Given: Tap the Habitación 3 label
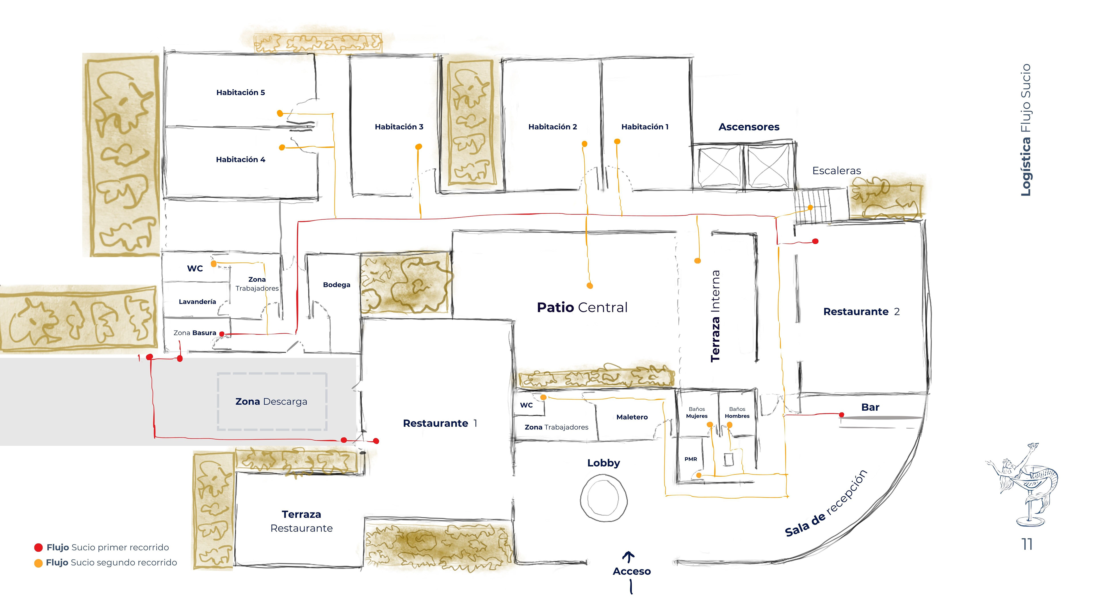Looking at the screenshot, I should coord(399,127).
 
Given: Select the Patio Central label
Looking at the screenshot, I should coord(582,307).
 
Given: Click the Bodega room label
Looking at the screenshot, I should coord(336,285).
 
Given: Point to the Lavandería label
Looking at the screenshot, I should coord(197,302).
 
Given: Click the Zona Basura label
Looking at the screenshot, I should coord(195,333).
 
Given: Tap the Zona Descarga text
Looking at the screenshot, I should coord(271,402).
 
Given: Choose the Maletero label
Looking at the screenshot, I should coord(632,417).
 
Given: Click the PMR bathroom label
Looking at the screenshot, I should coord(691,459).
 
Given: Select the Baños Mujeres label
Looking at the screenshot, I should coord(697,413).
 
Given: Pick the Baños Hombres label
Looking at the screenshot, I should coord(737,413).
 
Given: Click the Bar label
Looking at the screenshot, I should coord(870,407).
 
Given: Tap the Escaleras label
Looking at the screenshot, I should coord(836,171).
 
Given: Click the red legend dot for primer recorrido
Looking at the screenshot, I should coord(38,548).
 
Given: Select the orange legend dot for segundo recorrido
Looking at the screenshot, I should coord(38,563).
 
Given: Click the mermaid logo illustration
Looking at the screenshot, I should coord(1022,485).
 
